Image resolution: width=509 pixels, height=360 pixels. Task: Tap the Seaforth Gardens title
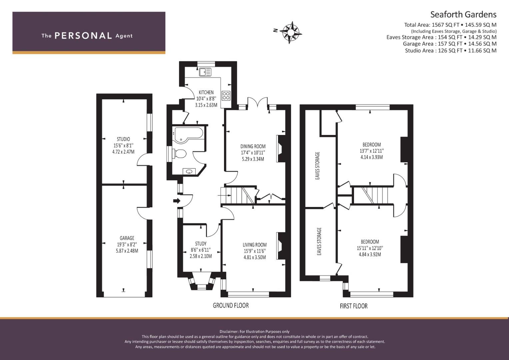point(463,15)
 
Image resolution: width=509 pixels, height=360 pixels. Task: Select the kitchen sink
point(205,72)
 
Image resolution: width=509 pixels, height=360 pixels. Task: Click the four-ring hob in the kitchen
point(226,95)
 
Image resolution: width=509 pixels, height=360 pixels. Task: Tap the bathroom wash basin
point(189,171)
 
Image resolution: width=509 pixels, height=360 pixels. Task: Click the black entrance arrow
point(177,201)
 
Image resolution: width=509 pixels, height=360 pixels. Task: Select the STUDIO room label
point(123,139)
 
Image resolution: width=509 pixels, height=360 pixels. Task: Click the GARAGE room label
point(127,238)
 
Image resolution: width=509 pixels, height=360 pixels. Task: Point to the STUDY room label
point(201,244)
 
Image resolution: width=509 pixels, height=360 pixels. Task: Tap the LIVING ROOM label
point(255,245)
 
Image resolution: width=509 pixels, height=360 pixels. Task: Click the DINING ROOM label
point(253,146)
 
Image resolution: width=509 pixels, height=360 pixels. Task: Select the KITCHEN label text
point(206,92)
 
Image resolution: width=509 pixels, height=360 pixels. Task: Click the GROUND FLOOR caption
point(231,305)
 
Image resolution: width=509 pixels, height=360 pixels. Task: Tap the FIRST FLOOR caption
point(354,306)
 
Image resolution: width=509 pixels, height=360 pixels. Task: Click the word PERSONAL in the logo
point(83,36)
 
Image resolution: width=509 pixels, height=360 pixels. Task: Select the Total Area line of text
point(450,25)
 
